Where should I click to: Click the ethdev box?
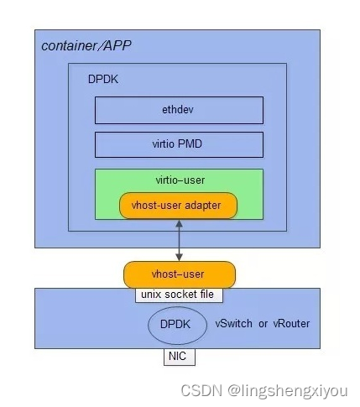[178, 110]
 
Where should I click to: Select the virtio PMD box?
[178, 143]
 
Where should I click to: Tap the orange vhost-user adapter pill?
[178, 206]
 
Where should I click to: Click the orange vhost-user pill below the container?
[178, 274]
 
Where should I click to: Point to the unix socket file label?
[179, 295]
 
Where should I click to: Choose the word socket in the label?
[177, 295]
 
